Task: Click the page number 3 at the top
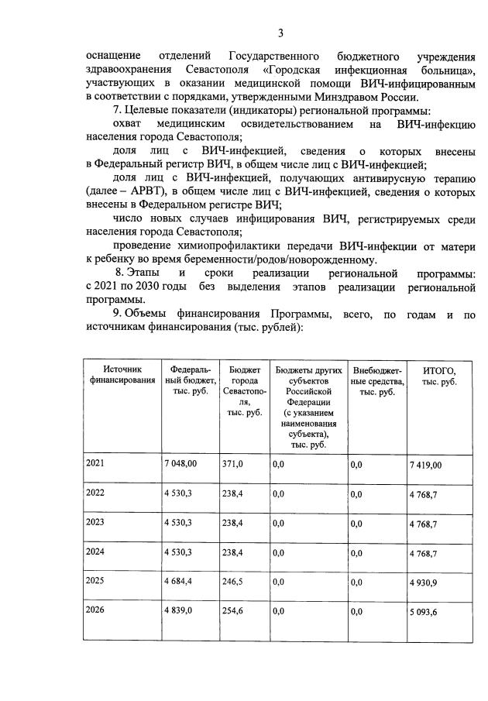click(281, 33)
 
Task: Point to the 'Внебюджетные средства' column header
click(377, 380)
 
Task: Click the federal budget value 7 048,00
click(180, 463)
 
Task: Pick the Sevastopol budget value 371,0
click(232, 463)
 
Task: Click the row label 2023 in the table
click(95, 523)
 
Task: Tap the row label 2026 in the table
click(95, 611)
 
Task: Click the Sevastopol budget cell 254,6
click(232, 611)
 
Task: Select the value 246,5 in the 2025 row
click(232, 582)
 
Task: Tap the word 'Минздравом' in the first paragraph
click(356, 98)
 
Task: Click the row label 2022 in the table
click(95, 493)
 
